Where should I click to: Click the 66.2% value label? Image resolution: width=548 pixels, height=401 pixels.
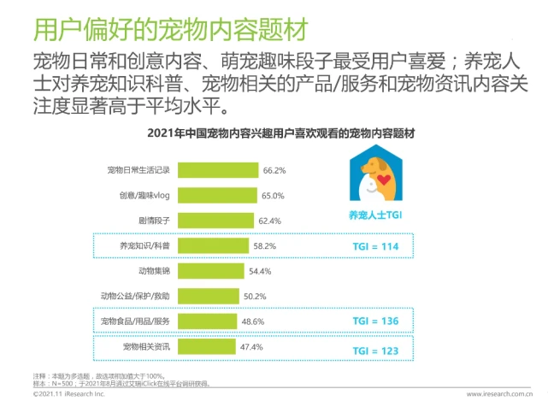click(x=274, y=170)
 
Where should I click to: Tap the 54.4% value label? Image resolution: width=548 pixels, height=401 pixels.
click(x=259, y=271)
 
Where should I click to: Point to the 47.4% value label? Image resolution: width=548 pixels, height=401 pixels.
click(x=251, y=346)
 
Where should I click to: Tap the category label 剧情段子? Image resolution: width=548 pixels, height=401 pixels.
click(x=152, y=221)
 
